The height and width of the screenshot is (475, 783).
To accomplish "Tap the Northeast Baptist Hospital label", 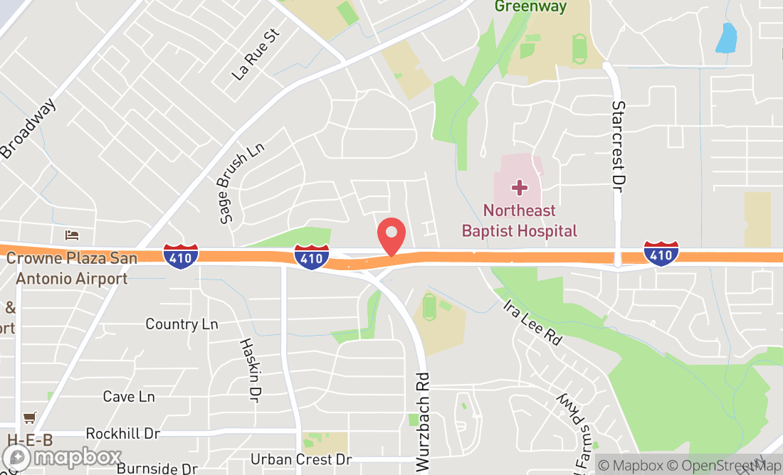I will click(x=519, y=220).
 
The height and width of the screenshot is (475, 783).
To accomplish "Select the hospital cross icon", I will click(x=520, y=188).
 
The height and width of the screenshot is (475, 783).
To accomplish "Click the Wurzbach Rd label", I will click(x=423, y=422).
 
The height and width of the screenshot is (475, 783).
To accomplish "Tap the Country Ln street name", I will click(x=182, y=324).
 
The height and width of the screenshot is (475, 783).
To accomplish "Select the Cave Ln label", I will click(x=129, y=397).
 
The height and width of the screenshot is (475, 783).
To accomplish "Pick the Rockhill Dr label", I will click(x=122, y=433).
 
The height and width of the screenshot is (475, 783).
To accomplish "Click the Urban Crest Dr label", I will click(x=301, y=459).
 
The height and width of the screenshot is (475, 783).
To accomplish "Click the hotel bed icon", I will click(x=71, y=235).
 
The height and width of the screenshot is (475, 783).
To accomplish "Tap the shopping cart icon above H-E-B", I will click(x=29, y=417).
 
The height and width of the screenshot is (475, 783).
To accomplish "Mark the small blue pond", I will click(x=725, y=38).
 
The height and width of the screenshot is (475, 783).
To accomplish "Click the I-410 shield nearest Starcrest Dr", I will click(x=661, y=253).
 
